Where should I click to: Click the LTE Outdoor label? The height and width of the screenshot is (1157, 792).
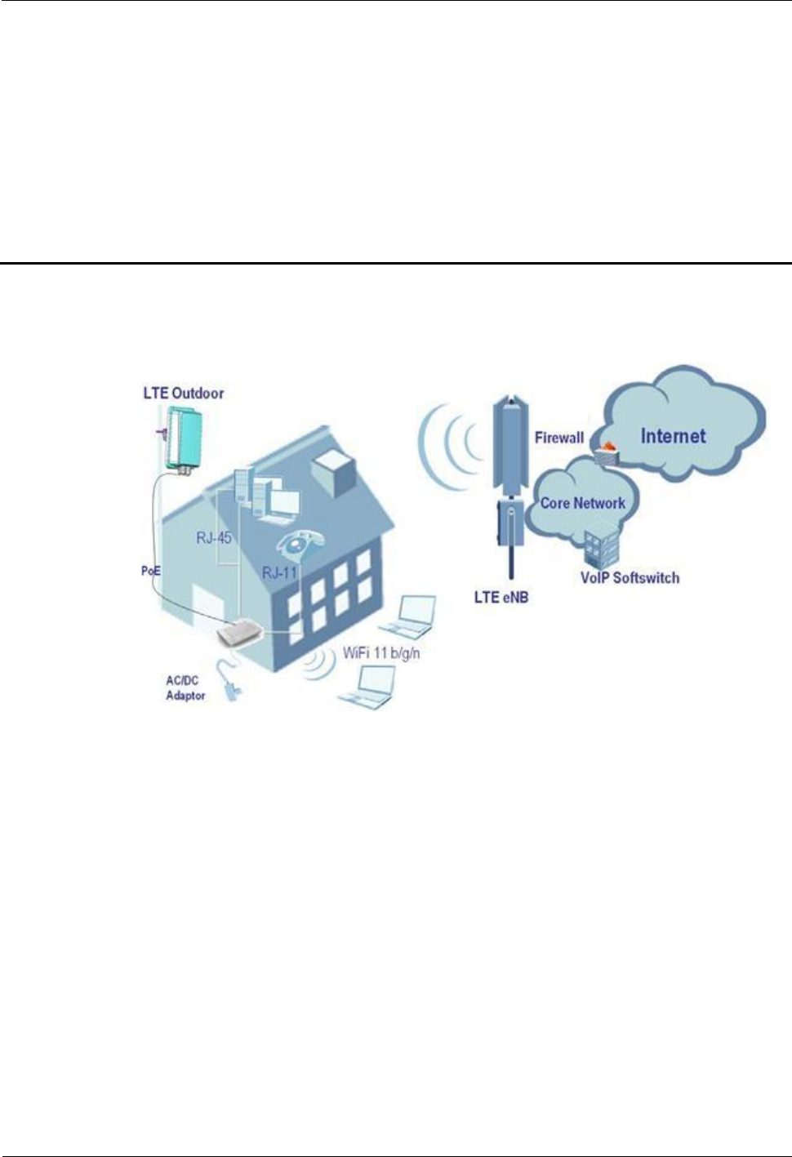coord(183,393)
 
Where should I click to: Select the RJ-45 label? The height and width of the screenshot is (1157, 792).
coord(213,538)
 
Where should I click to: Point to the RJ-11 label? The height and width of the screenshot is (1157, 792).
coord(279,572)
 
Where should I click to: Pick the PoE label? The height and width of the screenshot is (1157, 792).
coord(151,571)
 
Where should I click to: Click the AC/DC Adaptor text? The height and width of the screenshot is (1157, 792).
coord(185,688)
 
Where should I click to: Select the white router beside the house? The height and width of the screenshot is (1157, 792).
coord(238,633)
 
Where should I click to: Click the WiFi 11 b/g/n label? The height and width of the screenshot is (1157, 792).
coord(381,653)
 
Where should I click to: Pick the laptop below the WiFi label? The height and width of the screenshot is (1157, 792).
coord(368,688)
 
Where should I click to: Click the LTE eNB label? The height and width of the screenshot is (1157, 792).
coord(501,598)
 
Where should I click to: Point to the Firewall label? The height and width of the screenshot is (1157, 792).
coord(559,438)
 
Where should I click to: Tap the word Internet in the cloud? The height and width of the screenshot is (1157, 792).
coord(673,436)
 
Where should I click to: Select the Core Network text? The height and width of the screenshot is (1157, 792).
coord(583,503)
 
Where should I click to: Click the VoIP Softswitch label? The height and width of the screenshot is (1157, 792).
coord(630,578)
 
